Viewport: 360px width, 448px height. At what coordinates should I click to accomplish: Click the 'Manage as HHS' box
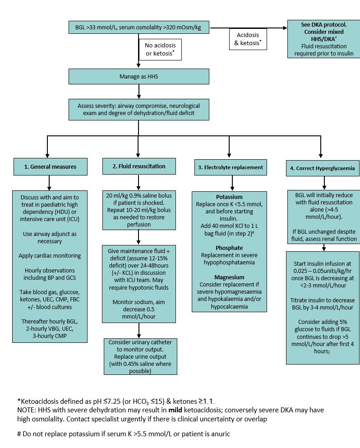(138, 77)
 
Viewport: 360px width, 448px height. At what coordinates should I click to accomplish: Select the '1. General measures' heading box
(50, 166)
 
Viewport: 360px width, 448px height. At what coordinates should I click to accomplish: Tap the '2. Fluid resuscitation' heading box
(138, 166)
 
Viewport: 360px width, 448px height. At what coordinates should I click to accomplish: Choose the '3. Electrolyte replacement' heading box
(230, 167)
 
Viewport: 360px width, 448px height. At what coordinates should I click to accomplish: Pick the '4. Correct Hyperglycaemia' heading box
(322, 168)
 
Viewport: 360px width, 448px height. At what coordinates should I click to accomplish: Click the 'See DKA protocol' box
(323, 39)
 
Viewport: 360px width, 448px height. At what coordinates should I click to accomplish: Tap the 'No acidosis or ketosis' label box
(160, 49)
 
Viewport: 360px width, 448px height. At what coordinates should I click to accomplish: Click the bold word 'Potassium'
(229, 197)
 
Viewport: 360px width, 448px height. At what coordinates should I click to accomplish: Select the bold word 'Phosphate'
(229, 248)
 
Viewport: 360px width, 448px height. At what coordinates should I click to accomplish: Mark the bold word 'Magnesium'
(229, 277)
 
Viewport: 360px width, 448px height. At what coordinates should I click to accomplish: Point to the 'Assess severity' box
(138, 110)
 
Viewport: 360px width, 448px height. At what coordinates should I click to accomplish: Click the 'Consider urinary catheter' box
(140, 356)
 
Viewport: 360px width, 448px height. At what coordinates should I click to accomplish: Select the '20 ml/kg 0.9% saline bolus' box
(138, 210)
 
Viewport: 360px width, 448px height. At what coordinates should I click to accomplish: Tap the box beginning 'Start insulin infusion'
(322, 307)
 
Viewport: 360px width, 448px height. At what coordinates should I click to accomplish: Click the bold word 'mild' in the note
(175, 411)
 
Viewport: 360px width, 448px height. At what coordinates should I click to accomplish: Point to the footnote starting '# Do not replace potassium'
(124, 434)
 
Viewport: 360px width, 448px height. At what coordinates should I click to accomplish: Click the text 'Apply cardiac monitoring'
(50, 256)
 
